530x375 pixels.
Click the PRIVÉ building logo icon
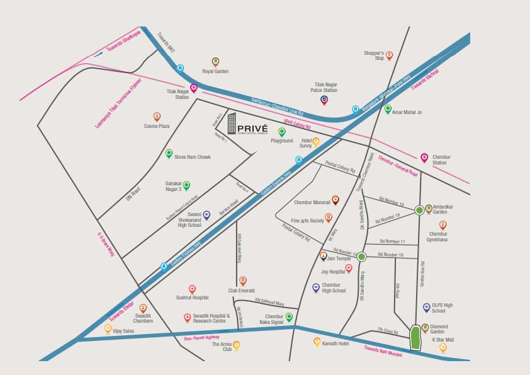tap(232, 124)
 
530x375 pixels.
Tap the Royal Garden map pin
tap(215, 62)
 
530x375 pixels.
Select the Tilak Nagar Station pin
tap(193, 88)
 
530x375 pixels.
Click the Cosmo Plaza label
tap(157, 126)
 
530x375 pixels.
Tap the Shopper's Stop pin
tap(389, 55)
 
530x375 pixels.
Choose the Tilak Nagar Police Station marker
tap(324, 100)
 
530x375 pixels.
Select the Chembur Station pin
tap(424, 157)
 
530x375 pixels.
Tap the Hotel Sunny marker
tap(316, 142)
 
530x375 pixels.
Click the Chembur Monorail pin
tap(335, 200)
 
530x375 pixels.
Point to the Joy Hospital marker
tap(349, 268)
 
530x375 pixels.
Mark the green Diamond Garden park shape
tap(415, 338)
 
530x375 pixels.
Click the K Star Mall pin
tap(443, 347)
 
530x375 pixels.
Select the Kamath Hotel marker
tap(317, 342)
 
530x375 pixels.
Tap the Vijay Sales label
tap(123, 331)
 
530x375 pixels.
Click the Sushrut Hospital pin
tap(193, 289)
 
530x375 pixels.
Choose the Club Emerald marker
tap(242, 281)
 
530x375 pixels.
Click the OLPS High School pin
tap(427, 308)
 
